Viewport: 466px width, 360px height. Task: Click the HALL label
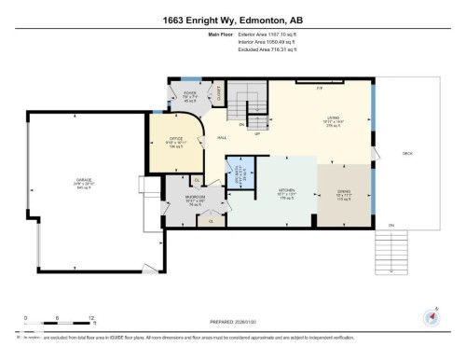point(223,137)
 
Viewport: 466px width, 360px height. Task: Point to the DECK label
point(406,153)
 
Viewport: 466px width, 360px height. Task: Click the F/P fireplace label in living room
point(319,90)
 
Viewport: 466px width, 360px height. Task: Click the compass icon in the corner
point(431,317)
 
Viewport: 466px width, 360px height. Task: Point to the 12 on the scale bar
point(90,317)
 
